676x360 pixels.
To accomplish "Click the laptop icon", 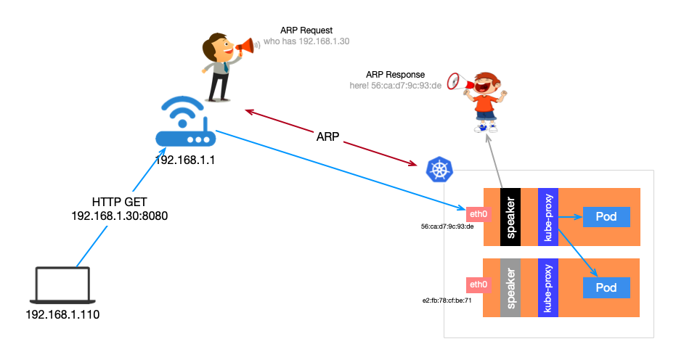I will click(63, 285).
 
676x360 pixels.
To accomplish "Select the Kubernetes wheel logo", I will click(439, 169).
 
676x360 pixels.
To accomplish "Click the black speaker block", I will click(510, 216).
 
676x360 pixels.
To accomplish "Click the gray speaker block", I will click(510, 287).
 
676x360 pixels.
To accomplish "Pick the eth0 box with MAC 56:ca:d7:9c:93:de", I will click(479, 213).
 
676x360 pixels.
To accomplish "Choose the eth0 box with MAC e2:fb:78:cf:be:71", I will click(479, 284).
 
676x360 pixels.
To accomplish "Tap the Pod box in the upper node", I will click(606, 217).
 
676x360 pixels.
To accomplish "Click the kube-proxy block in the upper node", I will click(547, 216).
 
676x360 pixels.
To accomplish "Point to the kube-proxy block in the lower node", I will click(547, 287).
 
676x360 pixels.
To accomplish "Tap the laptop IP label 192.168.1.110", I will click(62, 315).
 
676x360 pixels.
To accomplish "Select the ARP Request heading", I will click(306, 30).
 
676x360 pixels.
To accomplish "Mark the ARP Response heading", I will click(395, 74).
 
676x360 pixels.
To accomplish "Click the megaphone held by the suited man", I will click(245, 47).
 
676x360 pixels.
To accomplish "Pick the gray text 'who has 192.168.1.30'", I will click(306, 41).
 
